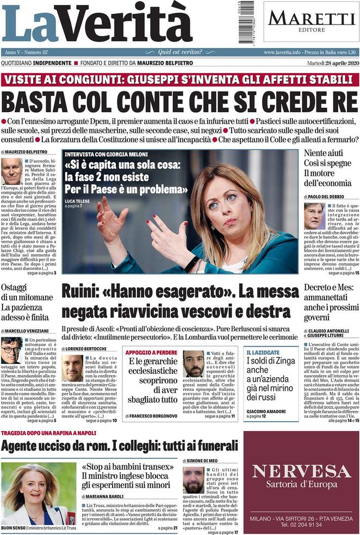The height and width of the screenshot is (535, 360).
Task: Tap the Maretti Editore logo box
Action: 311,21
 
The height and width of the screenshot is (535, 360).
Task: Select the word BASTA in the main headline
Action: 34,102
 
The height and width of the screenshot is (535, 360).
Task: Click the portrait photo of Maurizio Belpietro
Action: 12,171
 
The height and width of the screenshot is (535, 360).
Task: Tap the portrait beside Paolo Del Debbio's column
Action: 314,216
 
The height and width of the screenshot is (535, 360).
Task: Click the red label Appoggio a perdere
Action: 146,352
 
